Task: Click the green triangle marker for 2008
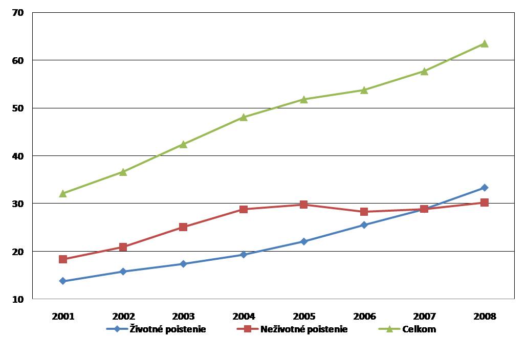pos(485,43)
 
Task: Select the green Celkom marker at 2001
pos(63,193)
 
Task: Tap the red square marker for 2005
pos(304,205)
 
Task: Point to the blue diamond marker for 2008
pos(485,188)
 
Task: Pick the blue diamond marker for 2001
pos(63,281)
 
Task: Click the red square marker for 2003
pos(183,227)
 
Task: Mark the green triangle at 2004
pos(244,117)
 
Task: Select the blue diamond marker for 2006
pos(364,225)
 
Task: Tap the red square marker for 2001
pos(63,259)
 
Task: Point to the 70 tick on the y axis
pos(18,12)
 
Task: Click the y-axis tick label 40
pos(18,155)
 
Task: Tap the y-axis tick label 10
pos(18,299)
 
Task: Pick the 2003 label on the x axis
pos(183,316)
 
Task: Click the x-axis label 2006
pos(364,316)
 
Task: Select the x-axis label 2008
pos(485,316)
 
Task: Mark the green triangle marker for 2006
pos(364,90)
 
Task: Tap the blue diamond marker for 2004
pos(244,254)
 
